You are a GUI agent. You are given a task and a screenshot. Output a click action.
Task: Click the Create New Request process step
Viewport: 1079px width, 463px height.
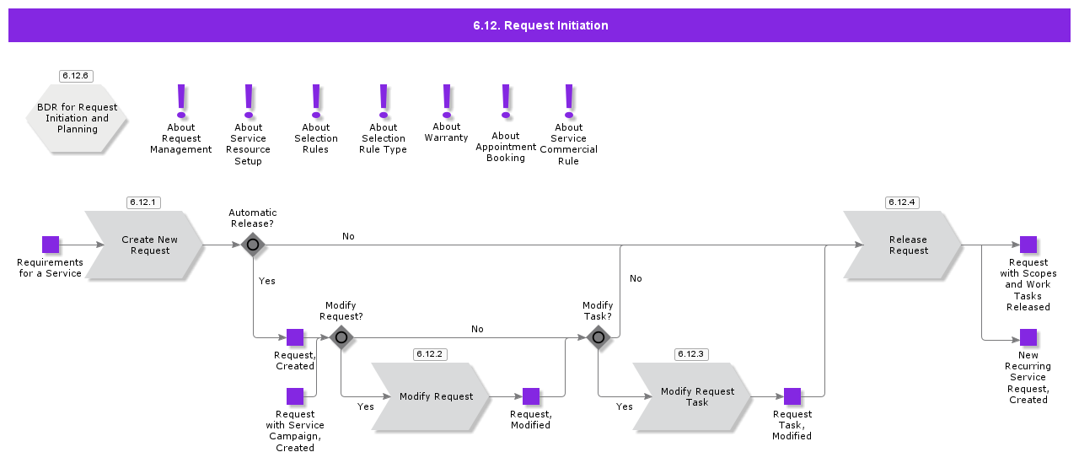coord(144,245)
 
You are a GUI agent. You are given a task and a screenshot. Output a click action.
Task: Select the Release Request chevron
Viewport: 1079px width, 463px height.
coord(903,245)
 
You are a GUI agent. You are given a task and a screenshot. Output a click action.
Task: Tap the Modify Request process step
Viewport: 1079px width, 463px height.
coord(431,396)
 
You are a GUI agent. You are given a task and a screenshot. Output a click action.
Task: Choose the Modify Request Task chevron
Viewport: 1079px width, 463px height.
coord(692,396)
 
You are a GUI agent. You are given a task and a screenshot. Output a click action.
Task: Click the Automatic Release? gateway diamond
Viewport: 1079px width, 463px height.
coord(253,245)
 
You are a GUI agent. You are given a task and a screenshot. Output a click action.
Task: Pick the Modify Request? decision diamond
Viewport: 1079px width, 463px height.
coord(341,337)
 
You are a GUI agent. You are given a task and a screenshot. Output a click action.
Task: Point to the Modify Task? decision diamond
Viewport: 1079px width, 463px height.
coord(599,337)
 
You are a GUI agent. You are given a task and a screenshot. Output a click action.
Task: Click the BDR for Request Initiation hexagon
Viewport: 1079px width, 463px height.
coord(76,119)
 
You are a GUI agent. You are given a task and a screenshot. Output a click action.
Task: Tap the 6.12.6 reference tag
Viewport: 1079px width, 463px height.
coord(76,76)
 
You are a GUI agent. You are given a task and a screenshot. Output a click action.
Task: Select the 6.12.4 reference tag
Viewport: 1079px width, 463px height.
coord(902,202)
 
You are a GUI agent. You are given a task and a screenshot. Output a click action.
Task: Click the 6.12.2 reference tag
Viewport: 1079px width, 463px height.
coord(430,354)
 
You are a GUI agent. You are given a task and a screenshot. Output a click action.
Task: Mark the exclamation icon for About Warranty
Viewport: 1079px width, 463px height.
coord(447,101)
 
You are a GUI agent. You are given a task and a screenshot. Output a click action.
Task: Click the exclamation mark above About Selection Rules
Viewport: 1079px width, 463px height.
coord(316,101)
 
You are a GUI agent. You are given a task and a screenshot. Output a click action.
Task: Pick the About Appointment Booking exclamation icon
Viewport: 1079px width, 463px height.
coord(506,101)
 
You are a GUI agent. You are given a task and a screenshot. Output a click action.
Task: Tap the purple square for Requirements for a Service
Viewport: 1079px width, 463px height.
coord(51,245)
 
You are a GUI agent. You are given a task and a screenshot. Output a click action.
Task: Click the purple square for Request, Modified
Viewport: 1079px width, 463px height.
coord(531,396)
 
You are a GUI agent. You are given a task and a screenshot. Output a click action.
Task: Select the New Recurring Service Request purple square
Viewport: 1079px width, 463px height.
coord(1028,337)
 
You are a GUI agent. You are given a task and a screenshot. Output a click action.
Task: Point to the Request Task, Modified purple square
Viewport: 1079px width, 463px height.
coord(792,396)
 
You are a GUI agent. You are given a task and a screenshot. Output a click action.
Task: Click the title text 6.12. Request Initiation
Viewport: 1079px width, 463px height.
coord(540,25)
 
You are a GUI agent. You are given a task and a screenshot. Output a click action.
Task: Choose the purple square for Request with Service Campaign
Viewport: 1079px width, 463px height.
coord(295,396)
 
